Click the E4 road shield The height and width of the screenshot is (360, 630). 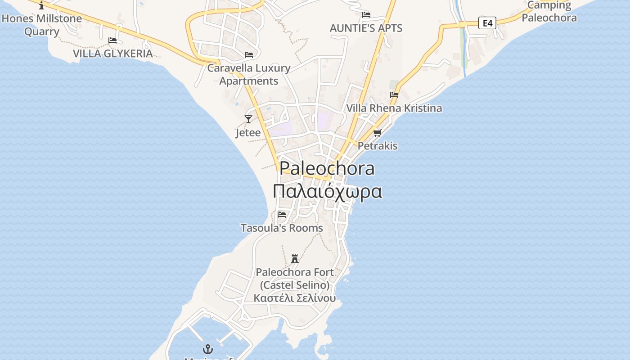[x=487, y=22]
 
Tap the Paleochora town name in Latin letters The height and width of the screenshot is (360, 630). [x=327, y=168]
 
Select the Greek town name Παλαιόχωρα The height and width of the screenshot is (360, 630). [x=328, y=191]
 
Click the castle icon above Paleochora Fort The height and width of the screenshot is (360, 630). [x=295, y=258]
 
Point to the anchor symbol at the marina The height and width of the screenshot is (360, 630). [x=208, y=349]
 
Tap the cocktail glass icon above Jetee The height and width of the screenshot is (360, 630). [x=248, y=119]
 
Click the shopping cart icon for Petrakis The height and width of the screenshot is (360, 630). [x=377, y=132]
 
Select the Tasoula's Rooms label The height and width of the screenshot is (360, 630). [x=282, y=228]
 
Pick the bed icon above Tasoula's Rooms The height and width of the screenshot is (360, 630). [x=282, y=214]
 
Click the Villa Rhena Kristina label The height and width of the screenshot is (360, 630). [x=394, y=108]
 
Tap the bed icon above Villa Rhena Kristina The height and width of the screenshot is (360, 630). [x=394, y=94]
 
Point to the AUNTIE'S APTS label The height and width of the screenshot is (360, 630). [x=366, y=28]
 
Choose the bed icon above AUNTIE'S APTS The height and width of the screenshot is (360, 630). [x=366, y=14]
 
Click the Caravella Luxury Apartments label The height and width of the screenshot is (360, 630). [x=249, y=75]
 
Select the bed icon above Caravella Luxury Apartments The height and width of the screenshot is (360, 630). [x=249, y=55]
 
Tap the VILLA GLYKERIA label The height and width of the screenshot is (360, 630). [x=112, y=54]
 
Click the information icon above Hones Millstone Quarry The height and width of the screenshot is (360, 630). [x=42, y=5]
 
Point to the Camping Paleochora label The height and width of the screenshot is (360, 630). [x=549, y=12]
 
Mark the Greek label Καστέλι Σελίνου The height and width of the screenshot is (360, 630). [x=295, y=298]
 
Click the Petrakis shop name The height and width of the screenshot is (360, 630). [x=378, y=146]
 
